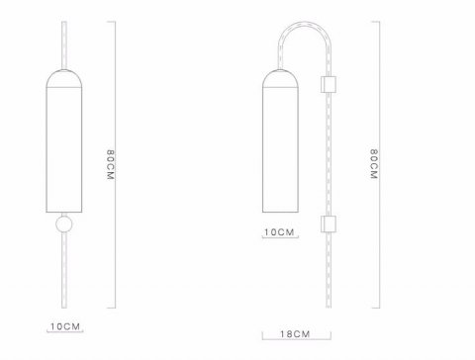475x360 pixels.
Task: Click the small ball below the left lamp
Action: coord(63,225)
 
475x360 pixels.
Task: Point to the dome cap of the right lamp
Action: coord(280,78)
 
